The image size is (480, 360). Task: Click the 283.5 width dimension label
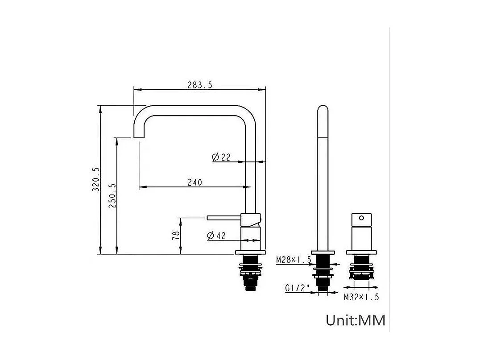[199, 85]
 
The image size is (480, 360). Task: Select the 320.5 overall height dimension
[95, 179]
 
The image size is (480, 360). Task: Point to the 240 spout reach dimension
[194, 182]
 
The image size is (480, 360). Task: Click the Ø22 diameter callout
[221, 157]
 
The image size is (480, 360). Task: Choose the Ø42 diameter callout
[216, 236]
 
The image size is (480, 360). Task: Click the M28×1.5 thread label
[293, 260]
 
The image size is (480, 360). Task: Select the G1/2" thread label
[297, 288]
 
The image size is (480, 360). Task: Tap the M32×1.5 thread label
[361, 297]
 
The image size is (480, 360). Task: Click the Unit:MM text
[355, 320]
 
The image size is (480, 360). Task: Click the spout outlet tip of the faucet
[139, 136]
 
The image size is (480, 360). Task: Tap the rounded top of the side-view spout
[323, 110]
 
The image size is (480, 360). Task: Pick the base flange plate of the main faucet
[250, 253]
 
